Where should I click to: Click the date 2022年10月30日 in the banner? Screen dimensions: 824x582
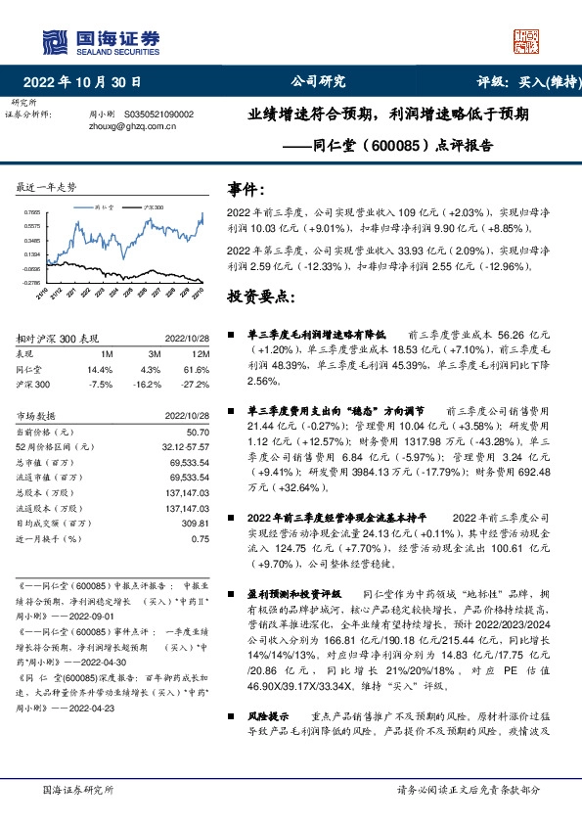pyautogui.click(x=87, y=82)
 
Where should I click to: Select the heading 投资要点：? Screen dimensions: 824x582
pyautogui.click(x=259, y=296)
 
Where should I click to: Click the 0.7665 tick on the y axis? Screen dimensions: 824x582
pyautogui.click(x=32, y=211)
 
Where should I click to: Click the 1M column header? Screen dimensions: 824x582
pyautogui.click(x=108, y=353)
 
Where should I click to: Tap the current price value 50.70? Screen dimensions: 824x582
pyautogui.click(x=198, y=432)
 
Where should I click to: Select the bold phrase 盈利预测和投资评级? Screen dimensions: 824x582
pyautogui.click(x=293, y=594)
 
